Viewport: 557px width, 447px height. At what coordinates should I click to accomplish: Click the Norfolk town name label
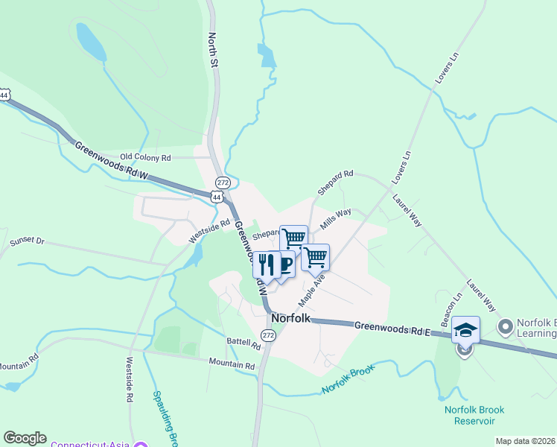click(x=290, y=318)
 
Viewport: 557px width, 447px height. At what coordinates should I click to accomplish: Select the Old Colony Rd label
click(x=146, y=158)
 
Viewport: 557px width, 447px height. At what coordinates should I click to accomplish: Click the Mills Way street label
click(x=335, y=218)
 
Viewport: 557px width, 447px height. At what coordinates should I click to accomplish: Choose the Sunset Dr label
click(x=28, y=242)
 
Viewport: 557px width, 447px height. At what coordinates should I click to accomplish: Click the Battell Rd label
click(x=244, y=344)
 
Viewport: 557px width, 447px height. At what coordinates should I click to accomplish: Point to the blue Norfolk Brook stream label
click(x=346, y=379)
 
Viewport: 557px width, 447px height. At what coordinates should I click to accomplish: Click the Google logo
click(x=25, y=438)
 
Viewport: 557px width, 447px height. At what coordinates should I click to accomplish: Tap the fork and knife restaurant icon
click(x=267, y=264)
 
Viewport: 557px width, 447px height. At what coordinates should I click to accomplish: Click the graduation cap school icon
click(x=465, y=329)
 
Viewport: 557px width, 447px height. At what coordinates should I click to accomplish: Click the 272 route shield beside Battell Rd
click(x=269, y=337)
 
